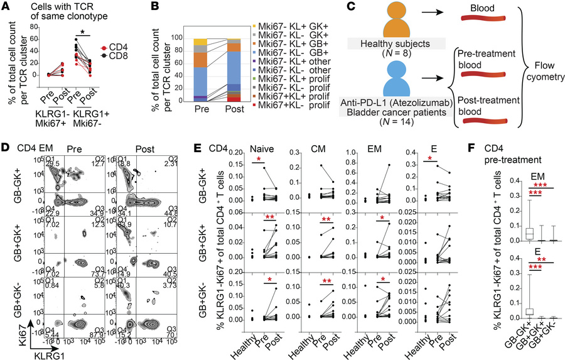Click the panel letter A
click(6, 6)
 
